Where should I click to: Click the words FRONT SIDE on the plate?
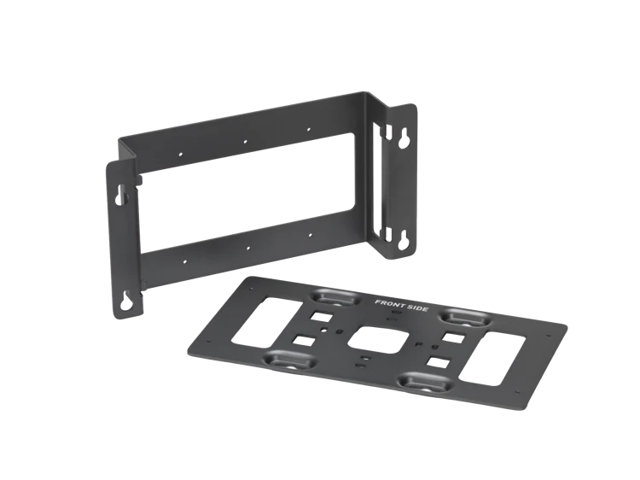(x=401, y=305)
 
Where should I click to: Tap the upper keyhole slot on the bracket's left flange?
(x=120, y=195)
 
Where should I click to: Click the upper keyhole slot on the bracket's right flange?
(x=404, y=140)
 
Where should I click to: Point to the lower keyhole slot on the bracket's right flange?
(x=404, y=240)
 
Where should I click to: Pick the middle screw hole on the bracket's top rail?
(x=245, y=142)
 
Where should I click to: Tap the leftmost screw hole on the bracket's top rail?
(x=181, y=155)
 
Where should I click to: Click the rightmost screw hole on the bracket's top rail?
(x=309, y=130)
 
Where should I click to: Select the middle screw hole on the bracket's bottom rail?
(x=247, y=248)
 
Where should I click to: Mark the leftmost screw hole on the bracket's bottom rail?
(x=185, y=261)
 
